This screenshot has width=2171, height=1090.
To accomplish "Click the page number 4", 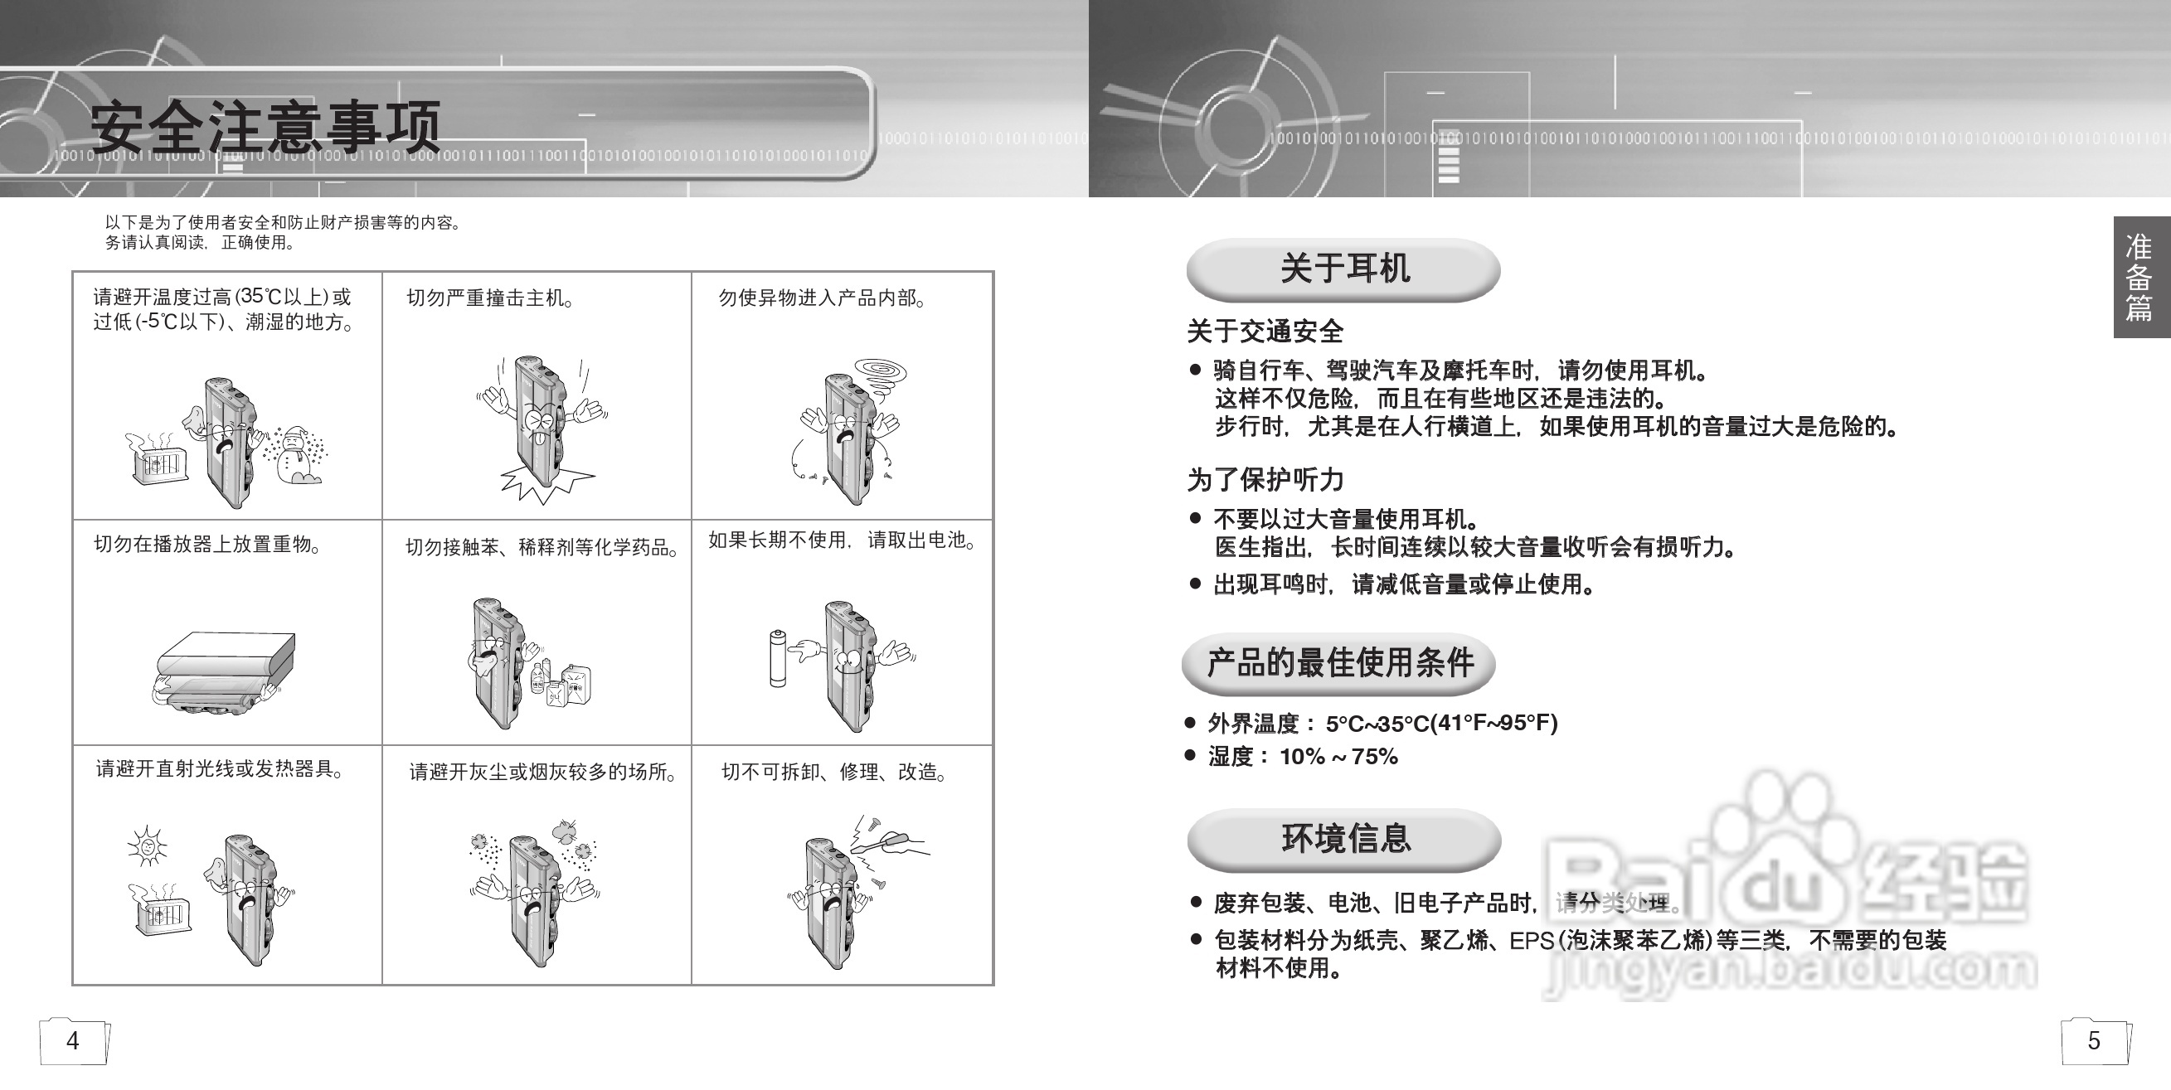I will [x=73, y=1041].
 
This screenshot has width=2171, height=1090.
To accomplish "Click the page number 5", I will [x=2093, y=1041].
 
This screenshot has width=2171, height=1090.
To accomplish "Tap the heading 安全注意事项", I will [x=265, y=126].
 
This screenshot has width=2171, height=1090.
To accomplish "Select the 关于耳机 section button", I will [x=1343, y=269].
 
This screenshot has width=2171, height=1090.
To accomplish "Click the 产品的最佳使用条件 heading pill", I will [x=1339, y=663].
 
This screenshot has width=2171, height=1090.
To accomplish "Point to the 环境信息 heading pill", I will [x=1345, y=839].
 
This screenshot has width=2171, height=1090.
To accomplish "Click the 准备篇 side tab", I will [x=2139, y=277].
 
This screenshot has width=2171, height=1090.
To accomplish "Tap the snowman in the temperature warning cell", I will [x=294, y=456].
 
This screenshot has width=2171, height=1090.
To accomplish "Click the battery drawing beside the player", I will [x=778, y=659].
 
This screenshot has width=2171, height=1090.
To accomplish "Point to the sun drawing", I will [x=147, y=845].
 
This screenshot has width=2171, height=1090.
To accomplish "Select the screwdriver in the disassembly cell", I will [x=893, y=841].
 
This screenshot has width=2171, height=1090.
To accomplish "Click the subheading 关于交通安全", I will [x=1264, y=331].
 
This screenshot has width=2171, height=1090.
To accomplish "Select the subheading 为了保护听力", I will [x=1264, y=480].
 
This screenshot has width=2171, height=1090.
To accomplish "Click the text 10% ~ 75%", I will [x=1338, y=757].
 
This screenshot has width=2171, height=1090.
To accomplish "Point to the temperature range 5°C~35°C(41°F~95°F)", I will [x=1441, y=723].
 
